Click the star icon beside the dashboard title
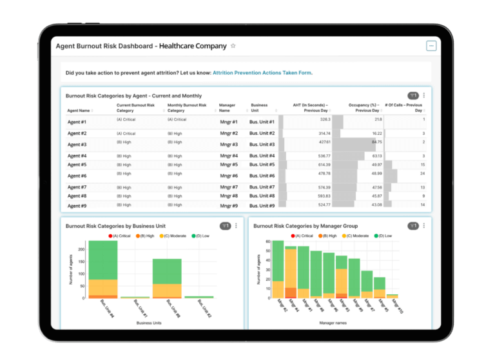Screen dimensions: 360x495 [x=233, y=46]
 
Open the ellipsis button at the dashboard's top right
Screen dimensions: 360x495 [x=431, y=46]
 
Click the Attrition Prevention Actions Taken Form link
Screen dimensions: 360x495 [x=262, y=73]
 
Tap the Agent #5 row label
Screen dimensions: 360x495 [x=77, y=165]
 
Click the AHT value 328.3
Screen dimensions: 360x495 [x=324, y=119]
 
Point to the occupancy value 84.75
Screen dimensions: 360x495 [x=376, y=141]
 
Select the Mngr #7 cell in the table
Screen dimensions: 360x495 [x=228, y=187]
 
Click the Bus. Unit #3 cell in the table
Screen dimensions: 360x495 [x=263, y=145]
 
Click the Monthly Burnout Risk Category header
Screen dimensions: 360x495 [x=187, y=108]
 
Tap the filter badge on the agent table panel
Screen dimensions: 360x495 [x=413, y=95]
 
